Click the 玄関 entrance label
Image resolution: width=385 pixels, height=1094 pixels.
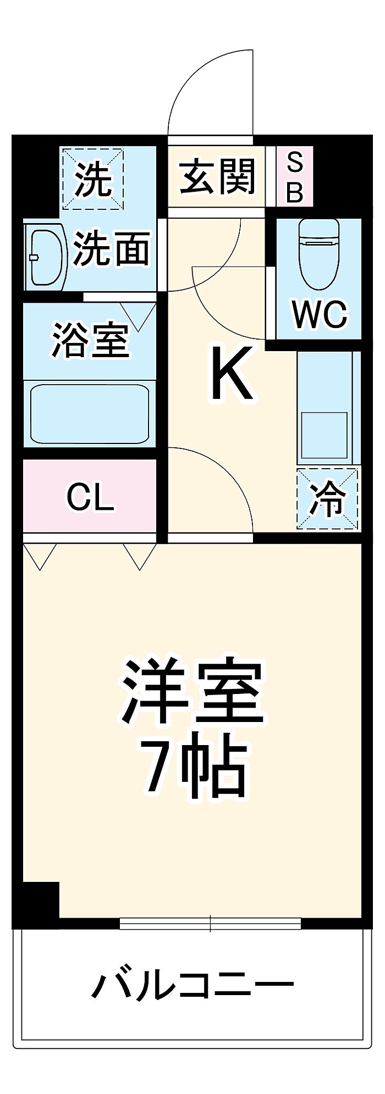[218, 176]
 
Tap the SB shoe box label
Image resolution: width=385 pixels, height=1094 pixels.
[295, 177]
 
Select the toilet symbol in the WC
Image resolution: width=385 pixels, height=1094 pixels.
[318, 254]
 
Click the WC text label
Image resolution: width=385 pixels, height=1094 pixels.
[319, 314]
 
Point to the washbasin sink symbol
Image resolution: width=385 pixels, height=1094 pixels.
[45, 257]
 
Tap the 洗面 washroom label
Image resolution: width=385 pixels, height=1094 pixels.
[112, 248]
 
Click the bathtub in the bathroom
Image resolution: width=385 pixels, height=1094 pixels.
[90, 413]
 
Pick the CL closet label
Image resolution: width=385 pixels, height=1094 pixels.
[90, 497]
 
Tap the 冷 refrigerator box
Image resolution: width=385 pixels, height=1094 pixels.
[328, 499]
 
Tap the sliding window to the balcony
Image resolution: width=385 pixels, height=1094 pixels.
[210, 924]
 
